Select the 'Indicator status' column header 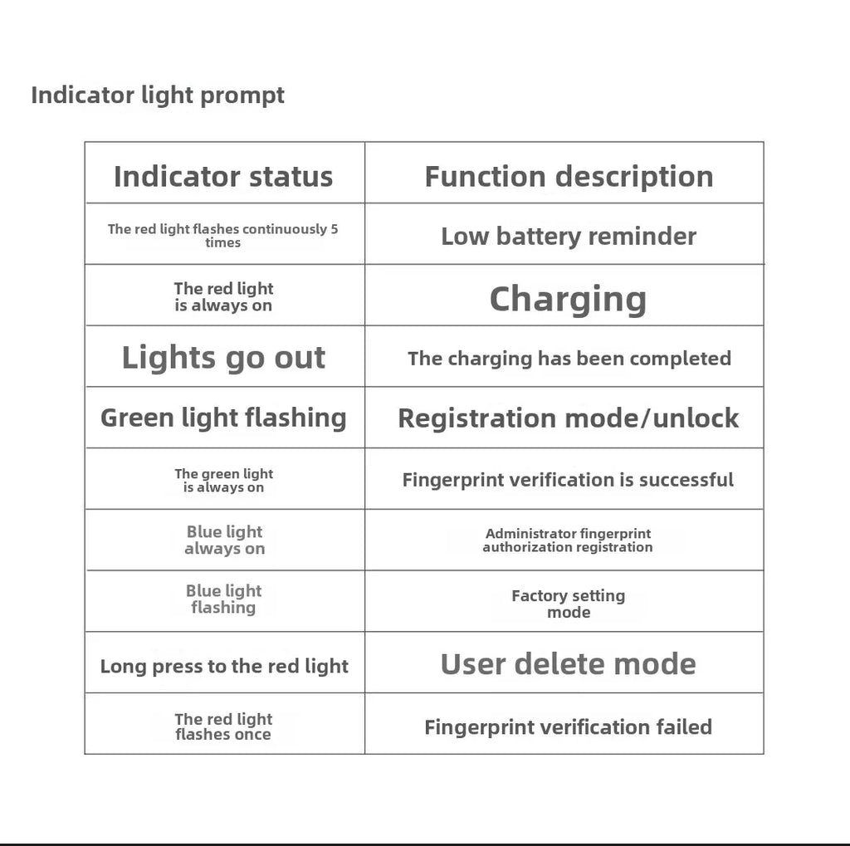223,177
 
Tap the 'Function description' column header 569,178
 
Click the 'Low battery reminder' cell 569,237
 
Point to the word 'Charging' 568,300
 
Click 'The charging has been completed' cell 569,359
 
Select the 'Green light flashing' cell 223,418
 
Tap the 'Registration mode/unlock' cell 568,418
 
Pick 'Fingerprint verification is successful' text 568,481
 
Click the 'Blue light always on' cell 224,540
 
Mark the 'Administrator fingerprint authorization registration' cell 568,540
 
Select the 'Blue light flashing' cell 223,599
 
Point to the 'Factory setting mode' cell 569,604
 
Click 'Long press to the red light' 224,667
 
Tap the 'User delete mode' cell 568,664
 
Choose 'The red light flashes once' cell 223,726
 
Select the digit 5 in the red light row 334,229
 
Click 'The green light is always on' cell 223,481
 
